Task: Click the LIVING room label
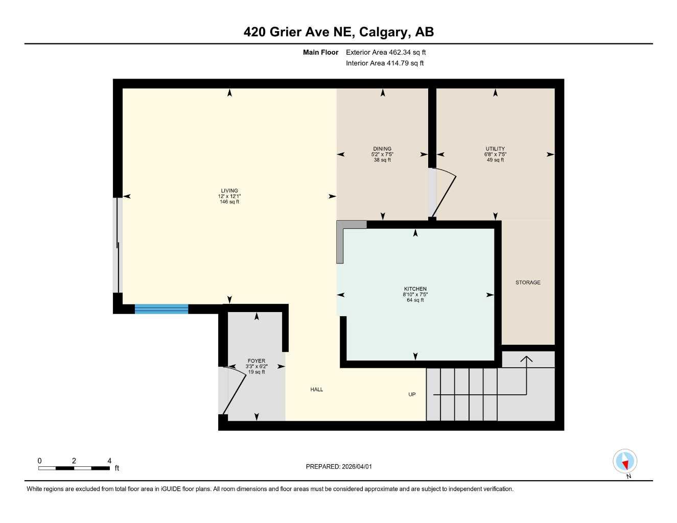pyautogui.click(x=229, y=191)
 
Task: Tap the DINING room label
pyautogui.click(x=382, y=149)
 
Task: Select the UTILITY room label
pyautogui.click(x=495, y=149)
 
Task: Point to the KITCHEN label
pyautogui.click(x=415, y=289)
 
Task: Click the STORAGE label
pyautogui.click(x=528, y=282)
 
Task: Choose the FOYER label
pyautogui.click(x=256, y=361)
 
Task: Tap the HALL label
pyautogui.click(x=317, y=390)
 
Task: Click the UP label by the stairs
pyautogui.click(x=412, y=394)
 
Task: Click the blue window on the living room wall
pyautogui.click(x=161, y=309)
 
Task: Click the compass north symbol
pyautogui.click(x=624, y=462)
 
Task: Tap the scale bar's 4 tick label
pyautogui.click(x=109, y=461)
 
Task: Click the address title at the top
pyautogui.click(x=339, y=32)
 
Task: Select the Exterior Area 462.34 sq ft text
pyautogui.click(x=386, y=52)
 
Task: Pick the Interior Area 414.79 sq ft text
pyautogui.click(x=385, y=63)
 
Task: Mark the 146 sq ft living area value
pyautogui.click(x=229, y=202)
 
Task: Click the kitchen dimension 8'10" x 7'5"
pyautogui.click(x=415, y=295)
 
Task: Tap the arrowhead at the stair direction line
pyautogui.click(x=526, y=359)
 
